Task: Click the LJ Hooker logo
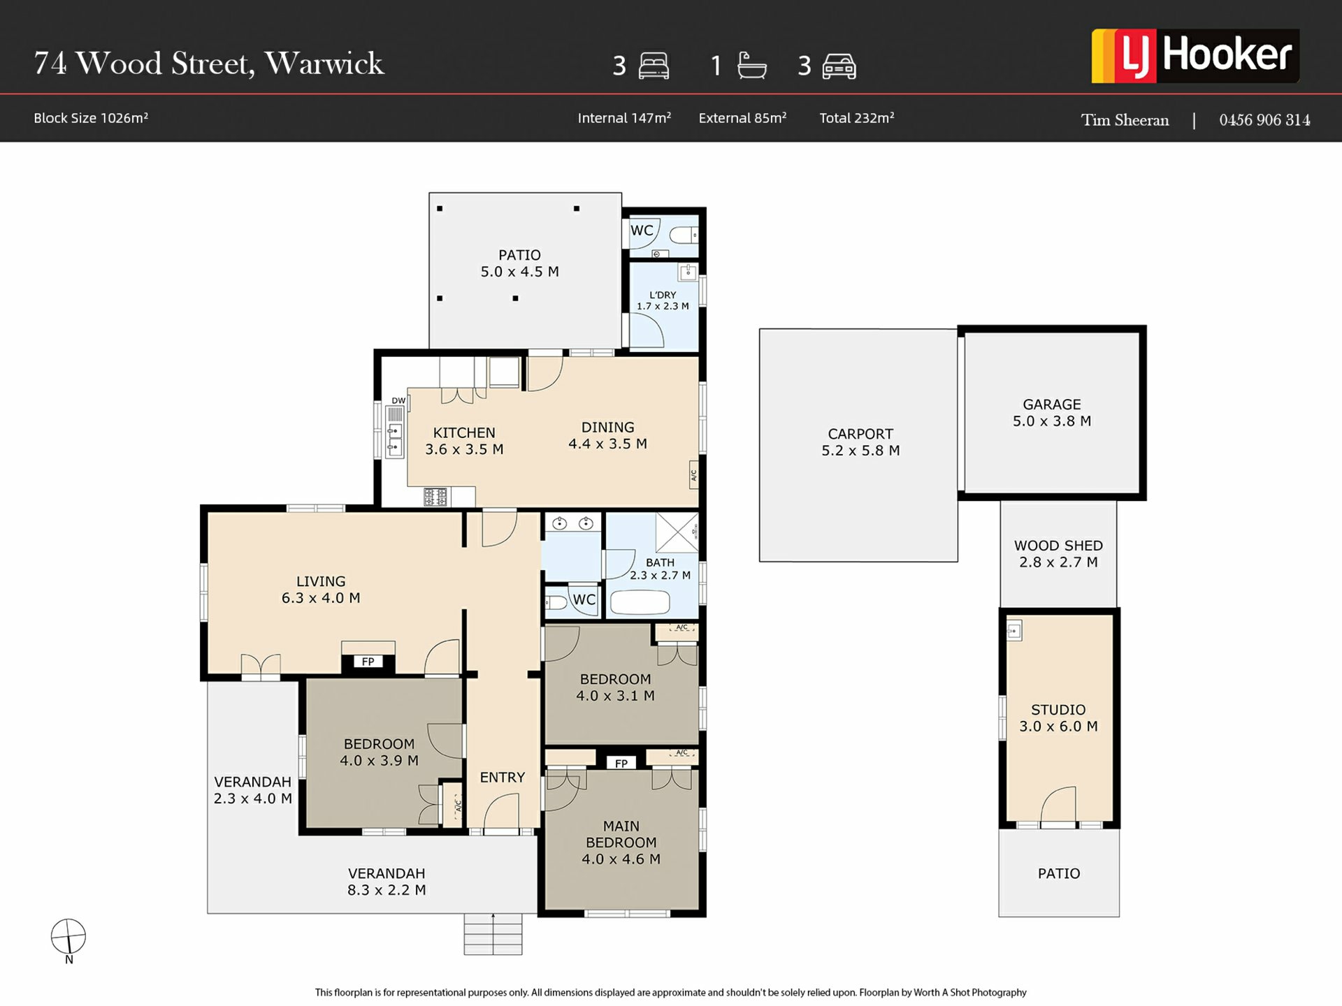[1195, 56]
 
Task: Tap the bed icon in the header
[654, 66]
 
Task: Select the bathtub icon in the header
[752, 66]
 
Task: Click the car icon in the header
[839, 66]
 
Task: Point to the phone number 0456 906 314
[1264, 120]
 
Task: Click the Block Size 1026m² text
[91, 118]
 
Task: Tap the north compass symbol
[68, 937]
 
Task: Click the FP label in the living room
[368, 662]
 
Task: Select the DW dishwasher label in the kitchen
[398, 400]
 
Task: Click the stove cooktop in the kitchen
[435, 497]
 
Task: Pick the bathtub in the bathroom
[640, 602]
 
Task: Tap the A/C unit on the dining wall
[694, 476]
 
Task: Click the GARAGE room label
[1051, 404]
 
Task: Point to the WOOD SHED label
[1058, 546]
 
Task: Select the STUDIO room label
[1058, 710]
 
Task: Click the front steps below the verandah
[493, 934]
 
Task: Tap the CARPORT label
[860, 434]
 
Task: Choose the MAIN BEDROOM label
[621, 834]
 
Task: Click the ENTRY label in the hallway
[502, 778]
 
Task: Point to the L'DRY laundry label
[663, 295]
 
